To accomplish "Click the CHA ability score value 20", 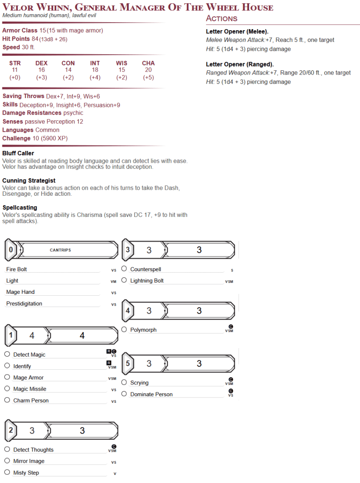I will [x=148, y=70].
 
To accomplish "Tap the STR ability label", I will [x=15, y=63].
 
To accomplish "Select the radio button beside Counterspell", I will [x=124, y=269].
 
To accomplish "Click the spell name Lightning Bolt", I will [x=147, y=281].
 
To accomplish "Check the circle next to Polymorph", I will [x=124, y=329].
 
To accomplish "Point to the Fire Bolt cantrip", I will [x=17, y=269].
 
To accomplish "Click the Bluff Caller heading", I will [x=18, y=153].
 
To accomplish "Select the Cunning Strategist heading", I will [x=29, y=181].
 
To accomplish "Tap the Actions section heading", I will [x=221, y=18].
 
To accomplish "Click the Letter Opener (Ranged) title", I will [x=240, y=64].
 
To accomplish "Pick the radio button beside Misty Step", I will [x=7, y=472].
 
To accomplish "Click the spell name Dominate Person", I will [x=151, y=394].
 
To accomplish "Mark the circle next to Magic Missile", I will [x=7, y=389].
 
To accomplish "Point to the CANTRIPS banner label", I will [x=60, y=250].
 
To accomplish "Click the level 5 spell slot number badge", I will [x=128, y=363].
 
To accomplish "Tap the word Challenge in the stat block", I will [x=16, y=138].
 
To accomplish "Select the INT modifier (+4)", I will [x=95, y=77].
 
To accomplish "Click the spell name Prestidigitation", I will [x=24, y=304].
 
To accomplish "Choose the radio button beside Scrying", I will [x=124, y=382].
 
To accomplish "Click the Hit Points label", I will [x=16, y=39].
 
